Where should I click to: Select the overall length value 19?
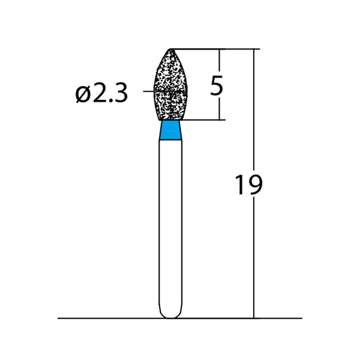pos(249,185)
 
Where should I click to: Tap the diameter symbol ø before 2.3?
pos(83,94)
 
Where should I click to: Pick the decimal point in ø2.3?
pos(110,100)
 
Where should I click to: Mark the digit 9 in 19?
pos(255,185)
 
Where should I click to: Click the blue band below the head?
pos(171,130)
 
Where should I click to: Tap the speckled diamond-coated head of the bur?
pos(171,85)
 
